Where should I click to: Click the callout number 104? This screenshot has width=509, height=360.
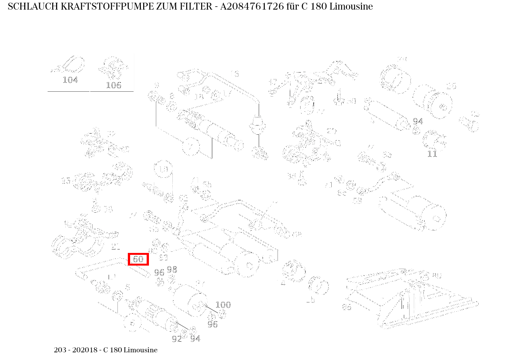tap(70, 80)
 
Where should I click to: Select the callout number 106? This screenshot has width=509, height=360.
tap(114, 85)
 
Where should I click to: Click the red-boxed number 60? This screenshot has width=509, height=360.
tap(138, 259)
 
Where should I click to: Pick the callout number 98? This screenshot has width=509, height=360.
tap(172, 269)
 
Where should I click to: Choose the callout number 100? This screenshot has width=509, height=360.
tap(223, 305)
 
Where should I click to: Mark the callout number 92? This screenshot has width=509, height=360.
tap(177, 339)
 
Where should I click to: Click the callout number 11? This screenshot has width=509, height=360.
tap(432, 154)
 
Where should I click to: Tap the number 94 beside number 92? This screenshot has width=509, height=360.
tap(195, 339)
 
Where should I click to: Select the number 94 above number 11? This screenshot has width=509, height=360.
tap(418, 121)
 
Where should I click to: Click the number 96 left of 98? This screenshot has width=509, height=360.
tap(159, 272)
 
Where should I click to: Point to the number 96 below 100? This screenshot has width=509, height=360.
tap(213, 325)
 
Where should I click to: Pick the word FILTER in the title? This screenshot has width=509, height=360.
tap(195, 7)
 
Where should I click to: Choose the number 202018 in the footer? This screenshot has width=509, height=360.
tap(83, 350)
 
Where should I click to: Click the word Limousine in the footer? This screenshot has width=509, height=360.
tap(140, 350)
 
